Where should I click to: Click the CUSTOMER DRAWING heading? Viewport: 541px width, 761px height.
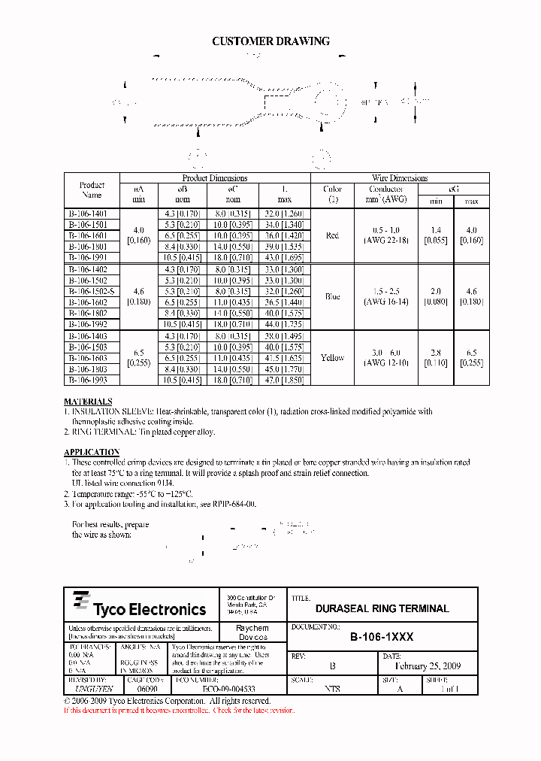click(x=270, y=41)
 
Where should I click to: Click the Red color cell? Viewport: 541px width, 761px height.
click(x=332, y=235)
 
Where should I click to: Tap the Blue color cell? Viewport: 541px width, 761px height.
click(x=332, y=296)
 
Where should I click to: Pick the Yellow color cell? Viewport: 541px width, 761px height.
click(x=332, y=358)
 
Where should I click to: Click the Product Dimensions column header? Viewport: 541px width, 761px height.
click(x=215, y=178)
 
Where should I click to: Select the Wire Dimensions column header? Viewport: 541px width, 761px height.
click(x=400, y=178)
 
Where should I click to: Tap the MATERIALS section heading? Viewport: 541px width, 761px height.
click(x=88, y=402)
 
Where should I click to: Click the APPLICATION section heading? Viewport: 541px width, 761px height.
click(x=92, y=453)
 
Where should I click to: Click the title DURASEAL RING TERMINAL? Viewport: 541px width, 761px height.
click(x=382, y=608)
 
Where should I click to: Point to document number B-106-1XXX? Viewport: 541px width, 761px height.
click(x=382, y=637)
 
